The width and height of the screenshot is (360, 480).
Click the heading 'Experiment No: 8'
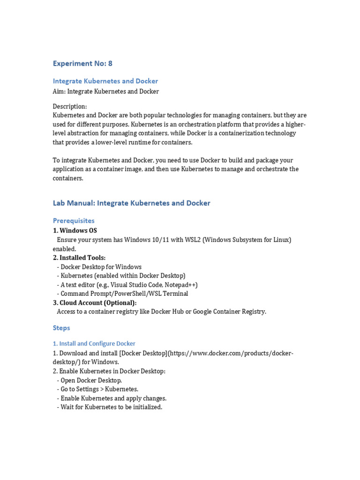pos(82,63)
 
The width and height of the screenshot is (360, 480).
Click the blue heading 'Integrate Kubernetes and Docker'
pos(105,81)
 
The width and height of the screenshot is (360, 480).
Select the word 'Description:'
pos(69,106)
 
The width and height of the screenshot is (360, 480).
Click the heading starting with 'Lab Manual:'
pos(131,203)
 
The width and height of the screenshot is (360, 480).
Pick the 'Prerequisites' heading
pos(74,221)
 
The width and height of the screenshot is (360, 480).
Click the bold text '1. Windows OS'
pos(75,231)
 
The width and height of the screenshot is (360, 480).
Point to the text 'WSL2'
pos(192,240)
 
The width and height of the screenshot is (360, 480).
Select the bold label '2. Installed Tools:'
pos(79,258)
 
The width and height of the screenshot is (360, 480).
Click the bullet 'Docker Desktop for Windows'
pos(101,267)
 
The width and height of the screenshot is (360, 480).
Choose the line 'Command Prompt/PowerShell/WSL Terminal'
pos(124,294)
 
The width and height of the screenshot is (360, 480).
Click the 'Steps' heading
pos(61,328)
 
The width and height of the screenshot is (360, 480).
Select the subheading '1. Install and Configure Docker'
pos(94,344)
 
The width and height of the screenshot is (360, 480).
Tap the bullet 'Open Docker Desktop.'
pos(91,380)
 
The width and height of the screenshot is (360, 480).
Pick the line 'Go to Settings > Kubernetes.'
pos(99,389)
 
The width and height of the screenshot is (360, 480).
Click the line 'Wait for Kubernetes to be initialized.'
pos(111,407)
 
